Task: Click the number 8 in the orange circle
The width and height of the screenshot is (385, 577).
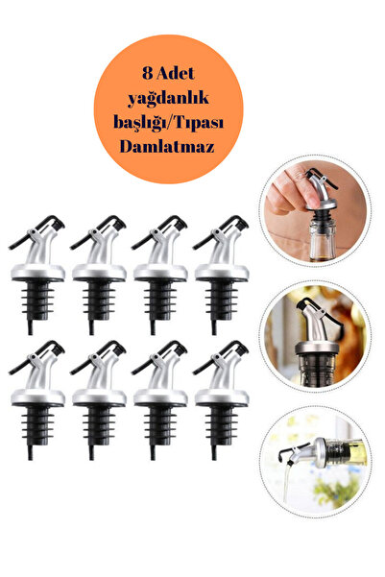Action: (x=147, y=74)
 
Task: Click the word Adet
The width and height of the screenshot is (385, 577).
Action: (x=176, y=74)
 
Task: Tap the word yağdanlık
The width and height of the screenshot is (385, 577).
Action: (x=169, y=99)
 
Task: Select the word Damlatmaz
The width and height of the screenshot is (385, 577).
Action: (x=167, y=147)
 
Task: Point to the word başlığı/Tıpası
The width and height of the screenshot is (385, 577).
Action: (x=169, y=123)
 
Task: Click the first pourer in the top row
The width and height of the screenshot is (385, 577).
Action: (x=36, y=276)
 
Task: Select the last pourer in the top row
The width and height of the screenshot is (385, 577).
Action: (x=221, y=276)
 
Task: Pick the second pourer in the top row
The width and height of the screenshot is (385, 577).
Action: (x=98, y=276)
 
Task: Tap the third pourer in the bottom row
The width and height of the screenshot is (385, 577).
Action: (x=159, y=400)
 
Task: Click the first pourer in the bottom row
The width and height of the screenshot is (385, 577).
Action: (x=36, y=400)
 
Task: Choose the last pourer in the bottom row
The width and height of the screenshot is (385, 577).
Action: (x=221, y=400)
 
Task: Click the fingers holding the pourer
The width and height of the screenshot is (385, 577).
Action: (x=291, y=191)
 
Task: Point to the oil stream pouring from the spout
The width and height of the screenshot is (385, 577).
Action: (x=286, y=482)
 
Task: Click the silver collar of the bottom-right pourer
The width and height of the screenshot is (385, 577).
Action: (x=222, y=397)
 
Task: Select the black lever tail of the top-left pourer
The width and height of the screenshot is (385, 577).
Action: (x=18, y=243)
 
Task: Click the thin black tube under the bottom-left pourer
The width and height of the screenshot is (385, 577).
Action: (x=30, y=453)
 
